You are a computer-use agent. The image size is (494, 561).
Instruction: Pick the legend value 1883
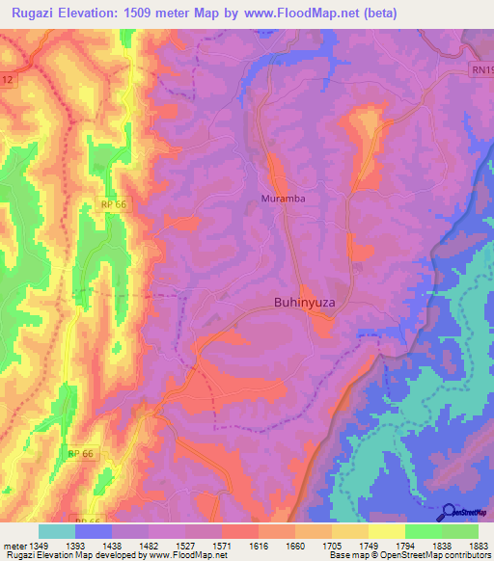478,545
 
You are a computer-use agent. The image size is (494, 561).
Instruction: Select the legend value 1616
259,545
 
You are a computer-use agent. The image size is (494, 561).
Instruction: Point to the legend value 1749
369,545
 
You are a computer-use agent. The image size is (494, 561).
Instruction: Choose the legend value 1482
149,545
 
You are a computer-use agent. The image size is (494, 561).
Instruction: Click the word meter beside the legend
13,545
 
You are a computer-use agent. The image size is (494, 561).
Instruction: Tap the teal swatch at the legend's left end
57,531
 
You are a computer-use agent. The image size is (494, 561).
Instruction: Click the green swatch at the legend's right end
460,531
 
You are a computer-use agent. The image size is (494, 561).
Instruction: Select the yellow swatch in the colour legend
387,531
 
